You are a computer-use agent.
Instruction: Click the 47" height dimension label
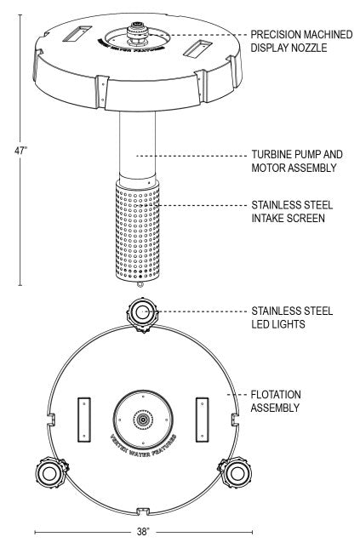click(20, 151)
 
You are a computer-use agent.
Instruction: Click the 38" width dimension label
click(143, 531)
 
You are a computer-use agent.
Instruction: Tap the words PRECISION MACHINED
click(301, 34)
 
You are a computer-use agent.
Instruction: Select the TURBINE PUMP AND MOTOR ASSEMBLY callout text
click(297, 161)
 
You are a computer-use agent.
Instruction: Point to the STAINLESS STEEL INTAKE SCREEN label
click(292, 211)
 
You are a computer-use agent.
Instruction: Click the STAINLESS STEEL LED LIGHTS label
click(292, 317)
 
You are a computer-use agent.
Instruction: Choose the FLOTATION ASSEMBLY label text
click(276, 401)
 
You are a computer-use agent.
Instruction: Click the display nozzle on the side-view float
click(139, 34)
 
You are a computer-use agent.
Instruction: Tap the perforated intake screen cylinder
click(137, 231)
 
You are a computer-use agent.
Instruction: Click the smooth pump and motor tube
click(137, 146)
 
